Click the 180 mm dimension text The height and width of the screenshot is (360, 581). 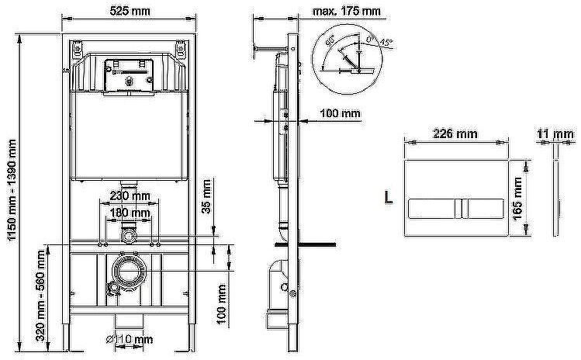129,212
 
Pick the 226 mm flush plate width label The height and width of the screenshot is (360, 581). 455,133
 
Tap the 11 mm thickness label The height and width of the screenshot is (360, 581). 555,133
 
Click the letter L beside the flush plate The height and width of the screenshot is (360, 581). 388,199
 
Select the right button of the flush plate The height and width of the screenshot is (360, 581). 484,208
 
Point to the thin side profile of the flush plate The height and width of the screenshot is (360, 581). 555,198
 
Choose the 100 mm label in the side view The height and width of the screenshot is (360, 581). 341,113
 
